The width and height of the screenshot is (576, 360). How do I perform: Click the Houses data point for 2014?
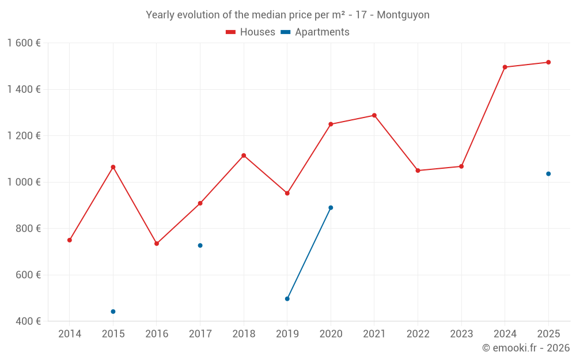[70, 240]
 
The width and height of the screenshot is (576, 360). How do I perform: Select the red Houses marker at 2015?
[113, 167]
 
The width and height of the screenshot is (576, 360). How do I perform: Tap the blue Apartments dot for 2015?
[113, 312]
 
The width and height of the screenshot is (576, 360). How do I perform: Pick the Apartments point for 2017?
[200, 245]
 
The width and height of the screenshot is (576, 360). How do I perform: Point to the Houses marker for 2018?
[244, 156]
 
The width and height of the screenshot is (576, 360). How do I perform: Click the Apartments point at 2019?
[287, 298]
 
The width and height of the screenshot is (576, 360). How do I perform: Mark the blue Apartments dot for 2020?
[331, 207]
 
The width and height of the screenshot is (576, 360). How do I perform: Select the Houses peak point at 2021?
[374, 115]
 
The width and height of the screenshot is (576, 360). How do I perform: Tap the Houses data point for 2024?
[505, 67]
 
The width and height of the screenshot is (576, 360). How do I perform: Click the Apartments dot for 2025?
[548, 174]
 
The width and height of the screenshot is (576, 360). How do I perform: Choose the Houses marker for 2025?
[548, 62]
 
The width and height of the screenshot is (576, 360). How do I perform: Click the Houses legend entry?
[251, 32]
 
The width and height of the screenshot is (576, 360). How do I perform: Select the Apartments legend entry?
[315, 32]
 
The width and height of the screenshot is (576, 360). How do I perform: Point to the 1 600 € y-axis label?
[24, 43]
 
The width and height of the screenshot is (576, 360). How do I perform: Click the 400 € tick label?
[28, 321]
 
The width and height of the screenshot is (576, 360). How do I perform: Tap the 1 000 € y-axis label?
[24, 182]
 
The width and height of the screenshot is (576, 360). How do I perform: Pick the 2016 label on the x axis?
[157, 334]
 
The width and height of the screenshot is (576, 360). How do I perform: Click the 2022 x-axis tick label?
[418, 334]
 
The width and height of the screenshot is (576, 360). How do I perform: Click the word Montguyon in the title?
[403, 15]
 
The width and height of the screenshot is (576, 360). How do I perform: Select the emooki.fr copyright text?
[526, 348]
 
